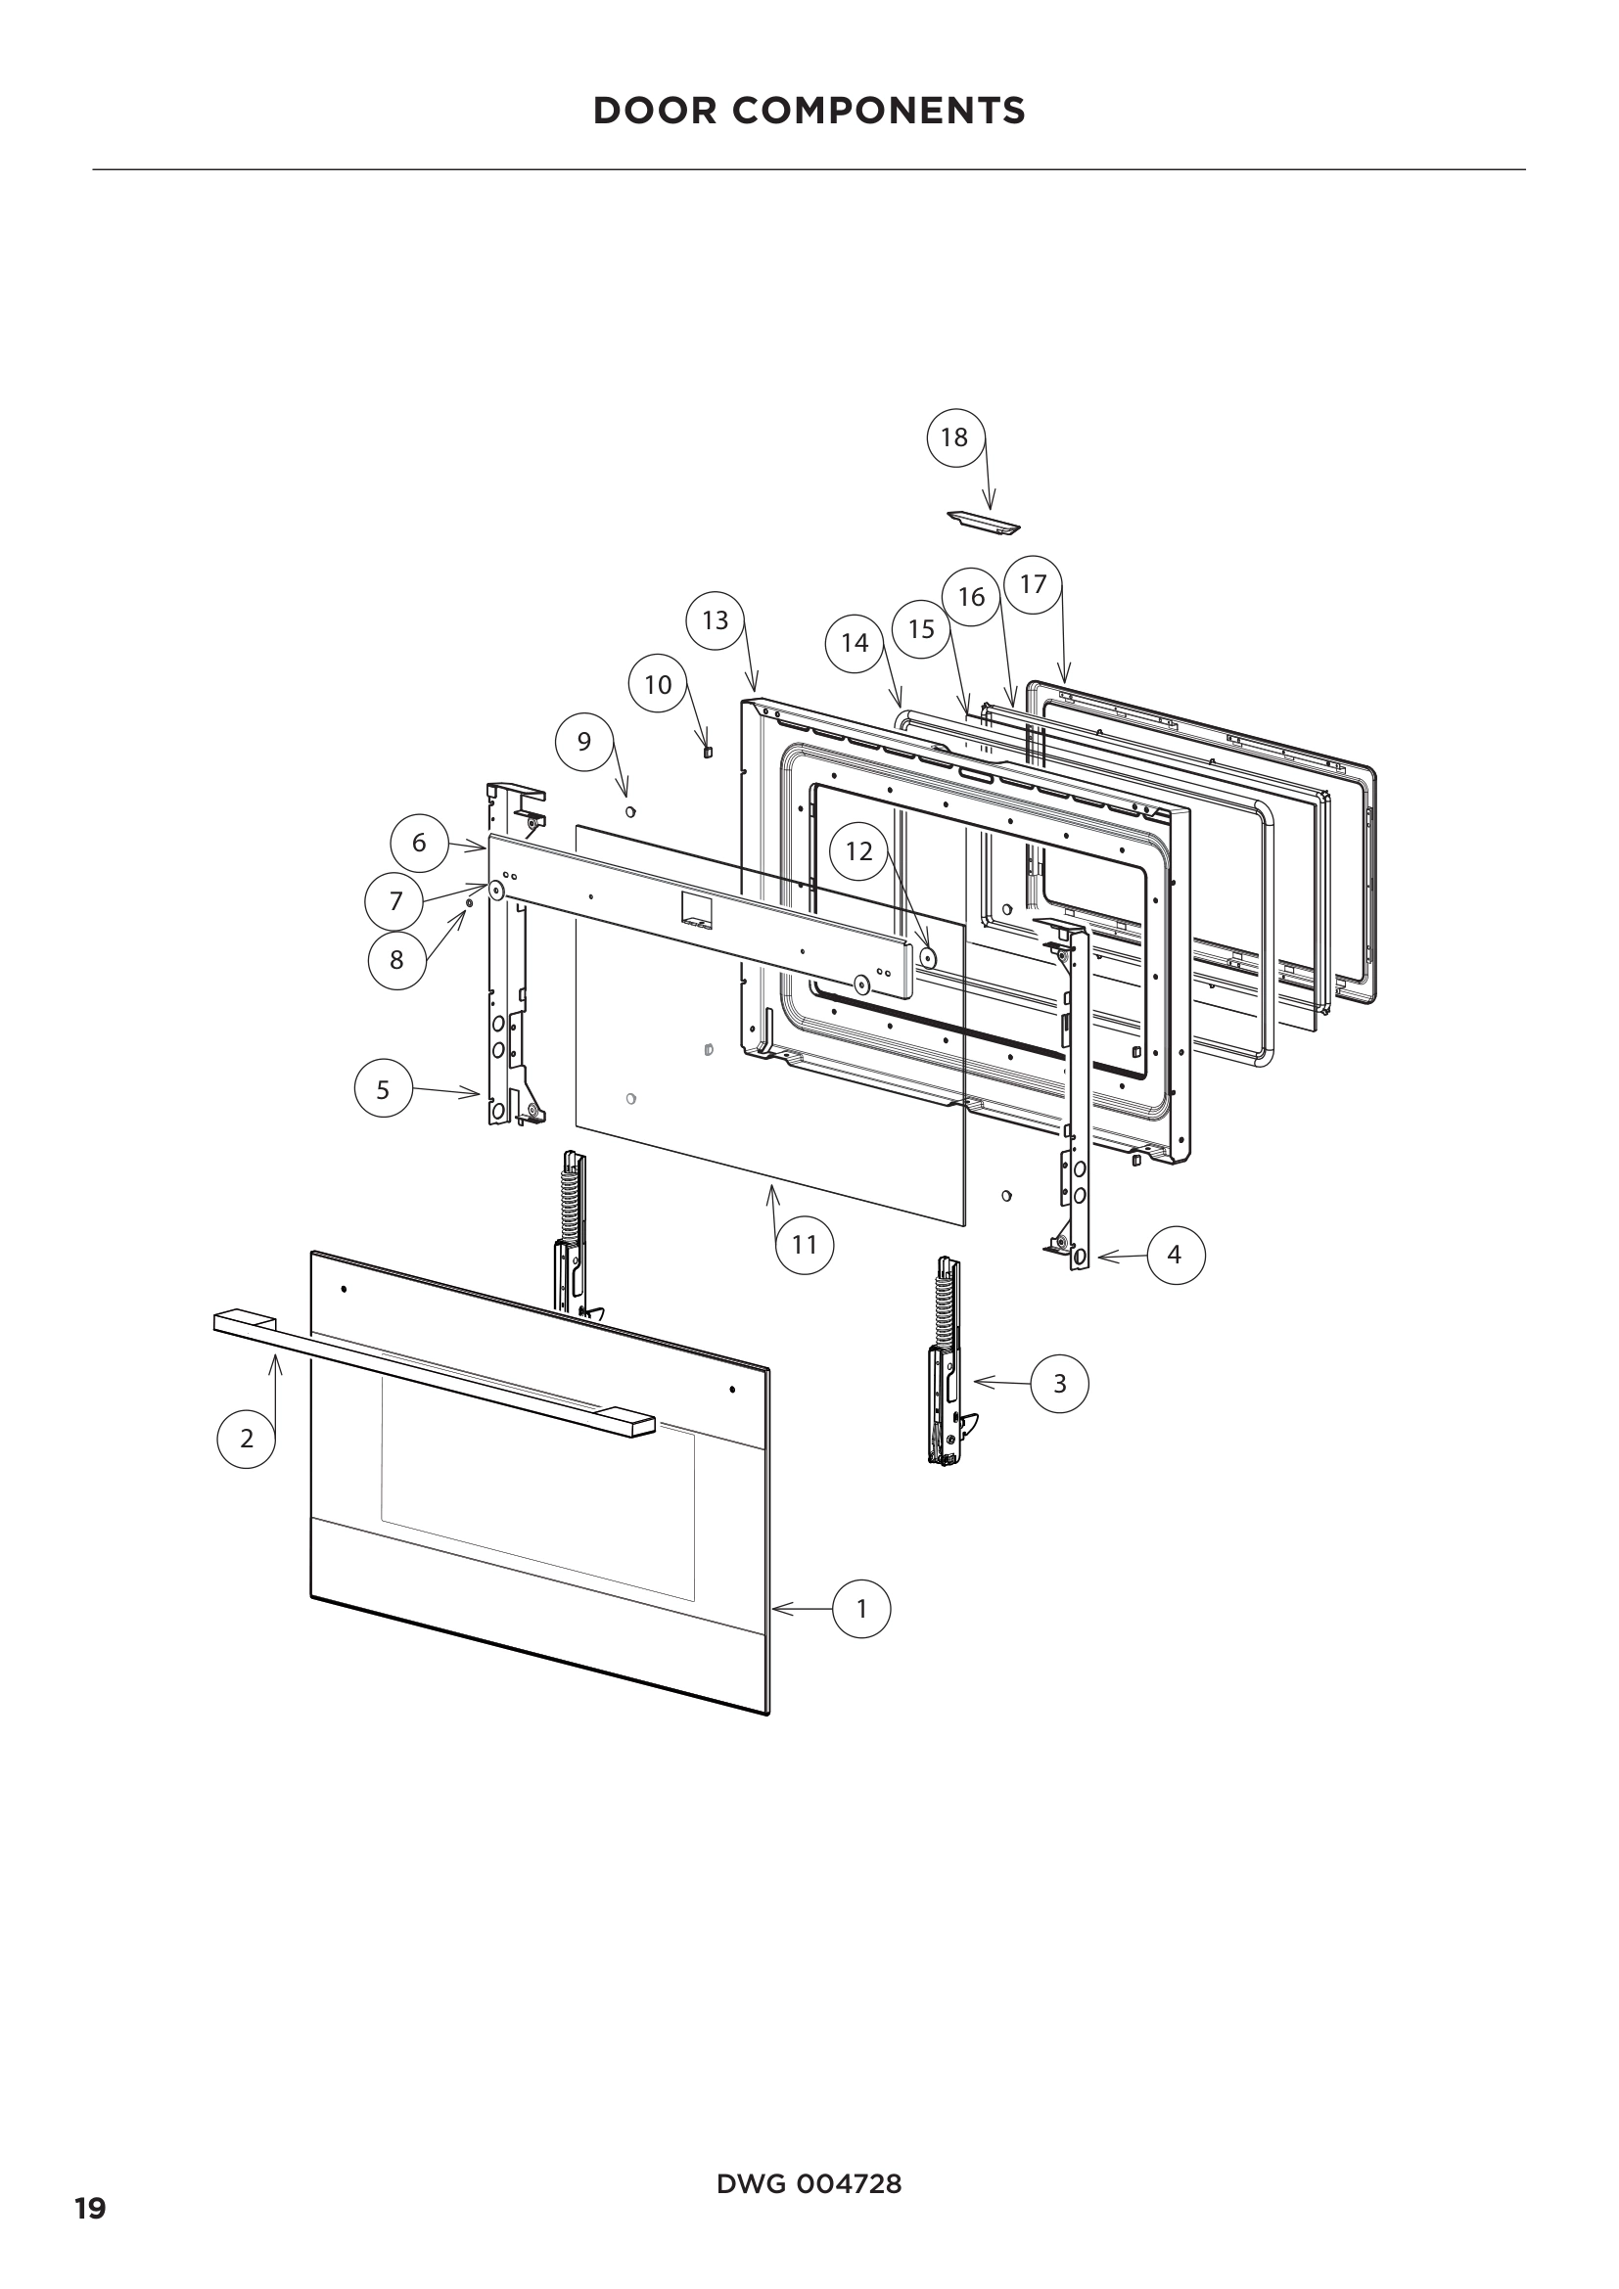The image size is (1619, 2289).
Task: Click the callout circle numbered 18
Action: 955,436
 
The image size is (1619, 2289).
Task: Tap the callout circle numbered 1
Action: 861,1608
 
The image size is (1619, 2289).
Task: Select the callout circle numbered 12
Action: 858,850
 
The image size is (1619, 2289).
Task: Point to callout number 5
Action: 384,1088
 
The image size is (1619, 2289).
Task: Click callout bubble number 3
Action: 1059,1384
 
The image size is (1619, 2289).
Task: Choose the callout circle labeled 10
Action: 658,684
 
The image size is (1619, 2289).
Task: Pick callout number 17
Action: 1033,584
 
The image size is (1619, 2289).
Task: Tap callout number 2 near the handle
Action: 247,1438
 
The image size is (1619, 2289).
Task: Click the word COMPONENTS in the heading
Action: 878,111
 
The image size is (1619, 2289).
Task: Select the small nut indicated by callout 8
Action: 470,903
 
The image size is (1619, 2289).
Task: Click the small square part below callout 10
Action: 708,752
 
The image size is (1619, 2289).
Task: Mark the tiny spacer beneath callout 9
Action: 630,812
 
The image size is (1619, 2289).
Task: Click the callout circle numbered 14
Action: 855,643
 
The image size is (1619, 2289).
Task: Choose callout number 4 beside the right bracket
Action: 1176,1255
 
